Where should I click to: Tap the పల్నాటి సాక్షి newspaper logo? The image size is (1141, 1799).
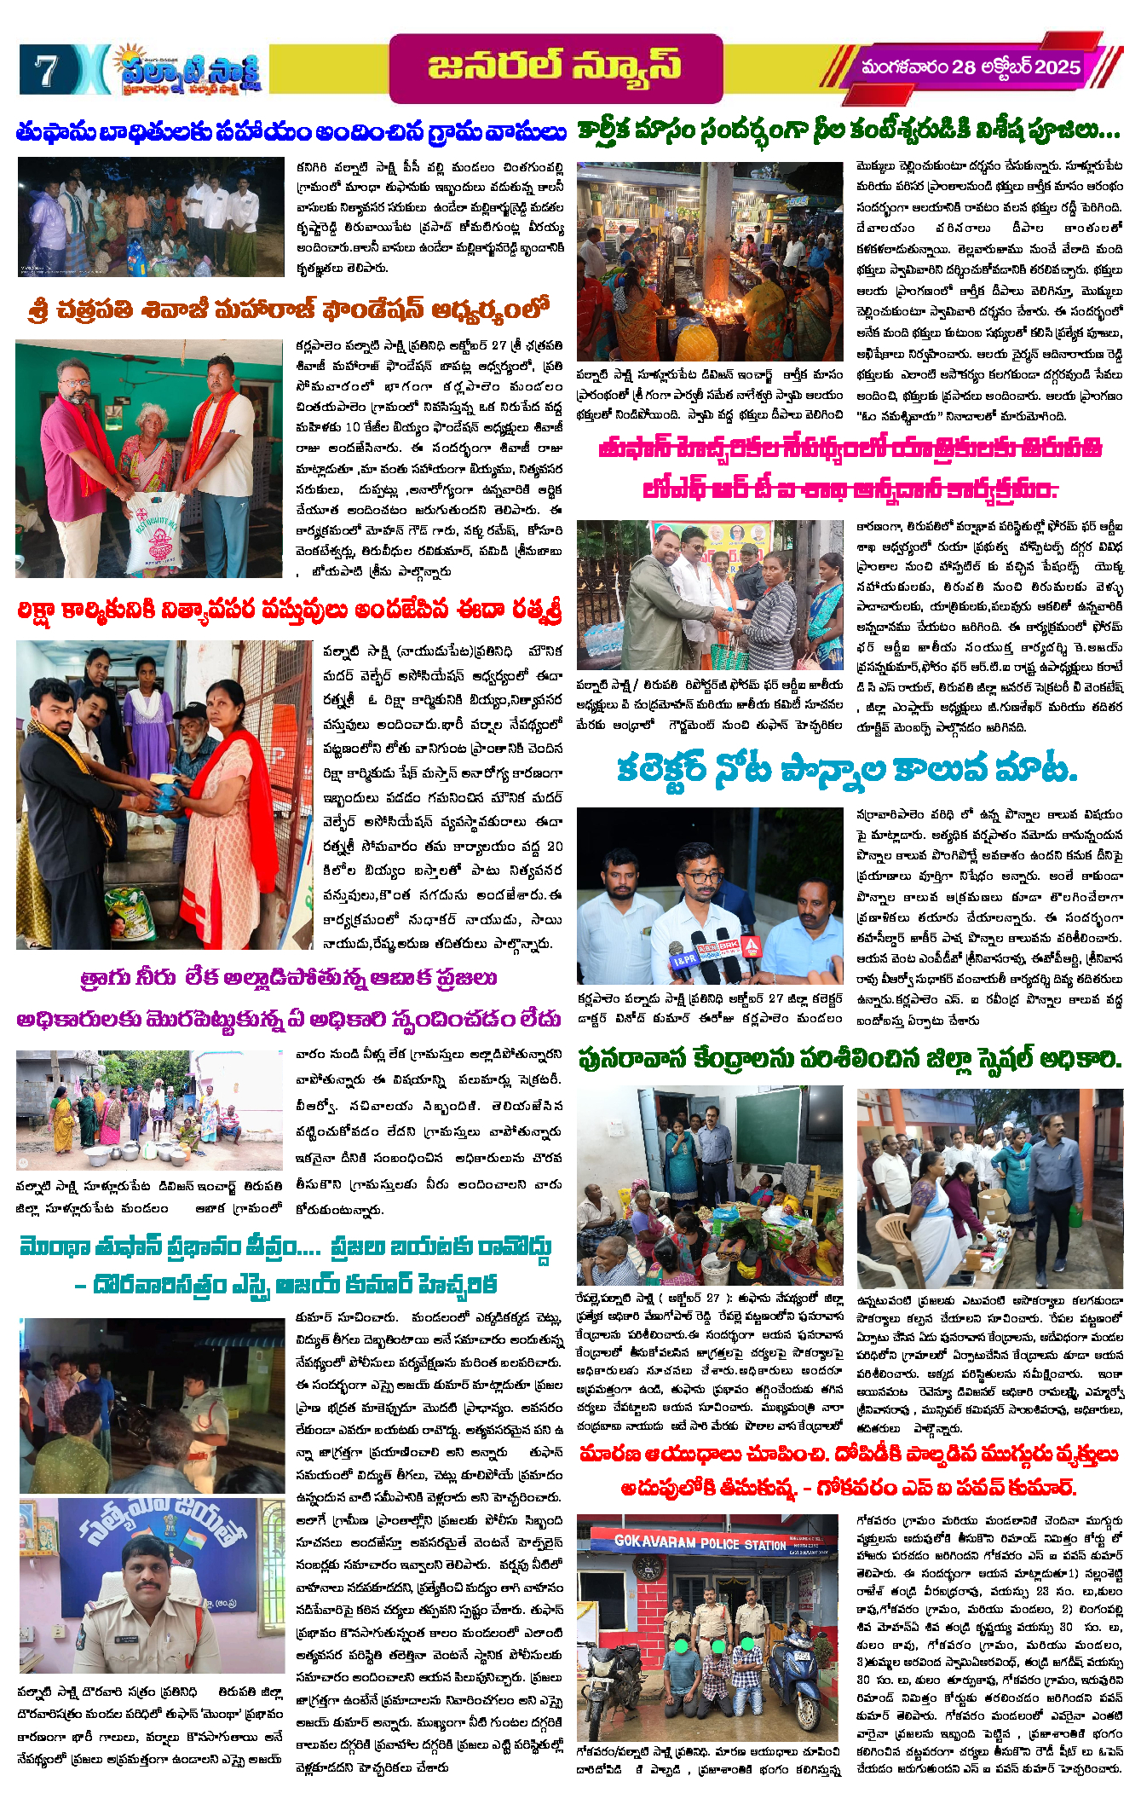189,68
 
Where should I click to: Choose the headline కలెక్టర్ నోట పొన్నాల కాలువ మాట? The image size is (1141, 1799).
847,770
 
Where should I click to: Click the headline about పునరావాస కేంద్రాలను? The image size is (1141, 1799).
849,1059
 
